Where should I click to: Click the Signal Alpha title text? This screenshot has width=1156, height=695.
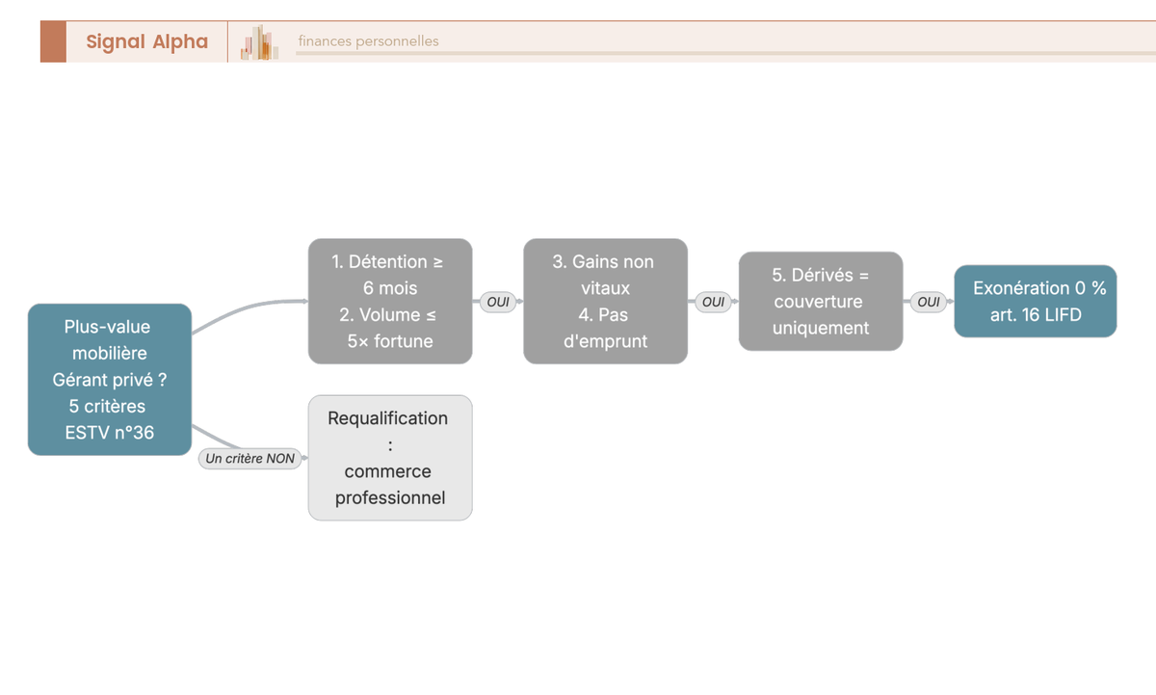pyautogui.click(x=147, y=41)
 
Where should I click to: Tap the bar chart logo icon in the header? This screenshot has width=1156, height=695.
pyautogui.click(x=259, y=42)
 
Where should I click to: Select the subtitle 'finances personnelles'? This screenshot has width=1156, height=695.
pyautogui.click(x=368, y=41)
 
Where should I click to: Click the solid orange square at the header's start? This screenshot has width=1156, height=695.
pyautogui.click(x=53, y=41)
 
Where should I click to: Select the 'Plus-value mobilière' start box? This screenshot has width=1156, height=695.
pyautogui.click(x=110, y=380)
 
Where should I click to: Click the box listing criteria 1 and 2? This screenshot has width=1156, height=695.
pyautogui.click(x=390, y=301)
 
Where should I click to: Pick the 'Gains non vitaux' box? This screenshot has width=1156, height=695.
pyautogui.click(x=605, y=301)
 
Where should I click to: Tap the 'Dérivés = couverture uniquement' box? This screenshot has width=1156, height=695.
pyautogui.click(x=821, y=301)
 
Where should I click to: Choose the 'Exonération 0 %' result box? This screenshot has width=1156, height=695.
pyautogui.click(x=1036, y=301)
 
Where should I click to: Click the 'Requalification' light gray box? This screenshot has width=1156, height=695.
pyautogui.click(x=390, y=458)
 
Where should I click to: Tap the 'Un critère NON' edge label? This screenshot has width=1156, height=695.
pyautogui.click(x=250, y=459)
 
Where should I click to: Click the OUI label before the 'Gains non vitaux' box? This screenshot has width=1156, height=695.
pyautogui.click(x=498, y=302)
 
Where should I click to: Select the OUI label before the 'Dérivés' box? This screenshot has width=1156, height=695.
pyautogui.click(x=713, y=302)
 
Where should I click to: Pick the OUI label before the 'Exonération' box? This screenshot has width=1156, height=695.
pyautogui.click(x=929, y=302)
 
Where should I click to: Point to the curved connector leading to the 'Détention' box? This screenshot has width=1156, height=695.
pyautogui.click(x=248, y=308)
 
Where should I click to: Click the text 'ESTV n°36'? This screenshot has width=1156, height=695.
pyautogui.click(x=110, y=433)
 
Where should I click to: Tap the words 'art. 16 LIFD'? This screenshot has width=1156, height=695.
pyautogui.click(x=1036, y=314)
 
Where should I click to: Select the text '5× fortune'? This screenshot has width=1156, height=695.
pyautogui.click(x=390, y=341)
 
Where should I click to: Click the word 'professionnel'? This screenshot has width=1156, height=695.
pyautogui.click(x=390, y=497)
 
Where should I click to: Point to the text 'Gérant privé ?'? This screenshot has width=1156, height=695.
pyautogui.click(x=110, y=380)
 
